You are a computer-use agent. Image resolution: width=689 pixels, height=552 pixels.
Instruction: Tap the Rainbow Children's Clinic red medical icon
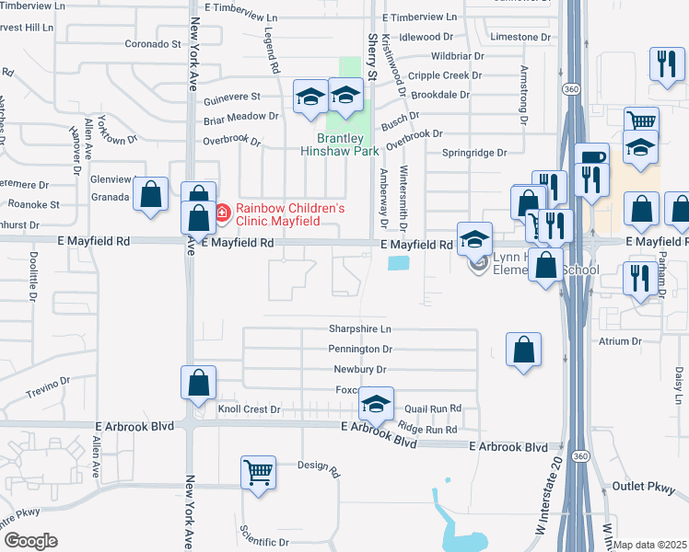click(x=221, y=213)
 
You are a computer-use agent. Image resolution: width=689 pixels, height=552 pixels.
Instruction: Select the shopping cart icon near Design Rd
click(x=259, y=473)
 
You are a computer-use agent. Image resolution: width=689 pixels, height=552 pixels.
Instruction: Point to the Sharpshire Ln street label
click(x=360, y=328)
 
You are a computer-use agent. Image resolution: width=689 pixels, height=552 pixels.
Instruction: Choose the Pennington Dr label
click(x=360, y=350)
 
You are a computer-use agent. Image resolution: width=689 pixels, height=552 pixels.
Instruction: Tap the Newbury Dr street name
click(x=359, y=370)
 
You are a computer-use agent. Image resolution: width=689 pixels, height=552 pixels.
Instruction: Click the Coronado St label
click(x=154, y=43)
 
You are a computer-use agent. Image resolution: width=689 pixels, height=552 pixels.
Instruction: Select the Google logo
click(x=30, y=540)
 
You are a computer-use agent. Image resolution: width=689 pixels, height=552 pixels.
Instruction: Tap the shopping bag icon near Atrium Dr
click(x=523, y=351)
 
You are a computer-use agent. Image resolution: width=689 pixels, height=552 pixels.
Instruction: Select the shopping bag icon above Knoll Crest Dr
click(x=198, y=384)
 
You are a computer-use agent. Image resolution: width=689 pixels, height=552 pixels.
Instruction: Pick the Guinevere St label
click(x=231, y=96)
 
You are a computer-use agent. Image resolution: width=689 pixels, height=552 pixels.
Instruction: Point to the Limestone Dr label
click(x=521, y=37)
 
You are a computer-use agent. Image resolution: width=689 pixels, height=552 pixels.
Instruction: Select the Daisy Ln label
click(x=677, y=385)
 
